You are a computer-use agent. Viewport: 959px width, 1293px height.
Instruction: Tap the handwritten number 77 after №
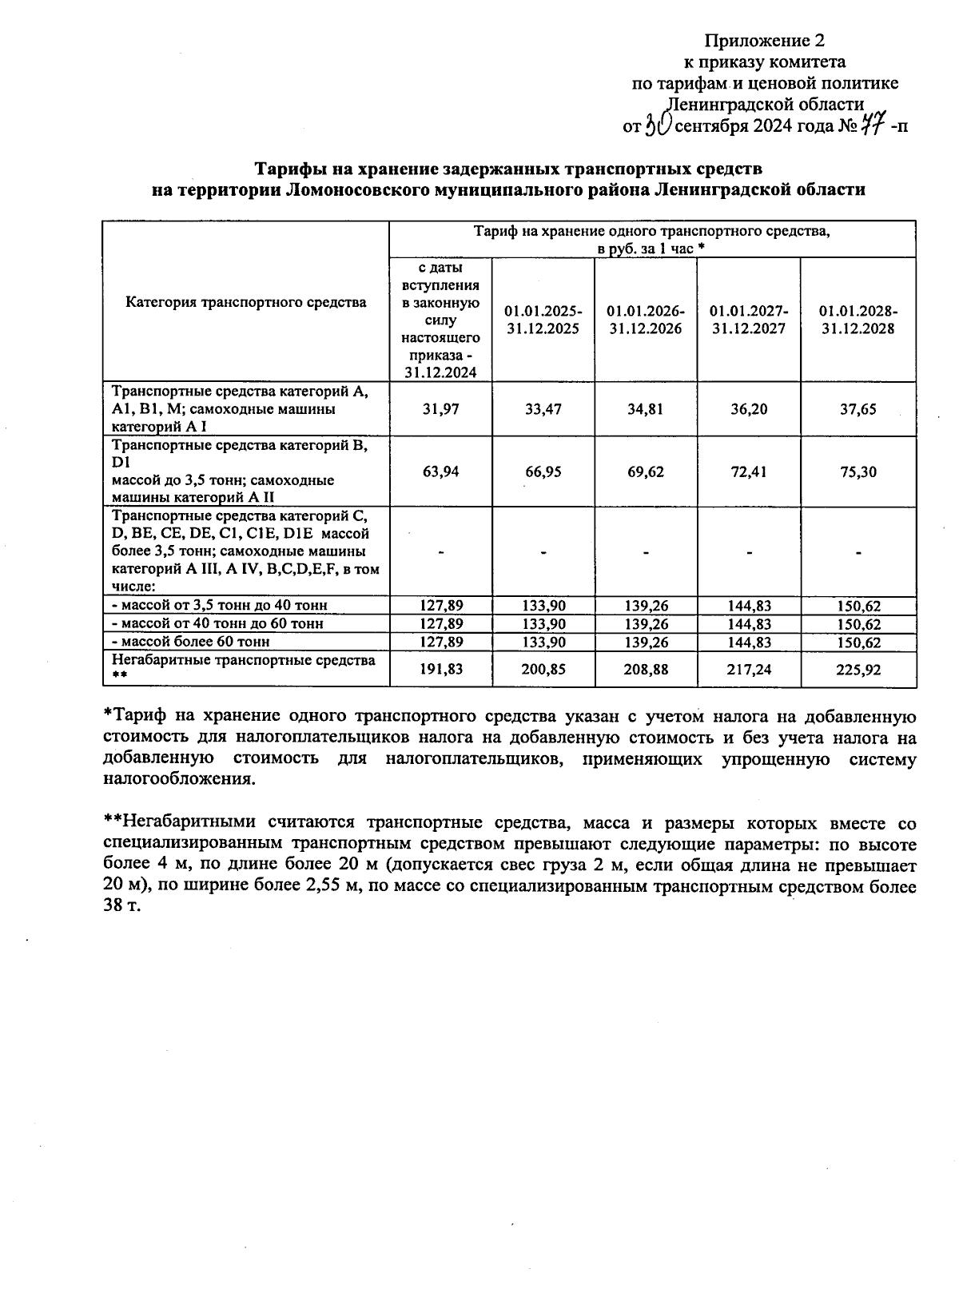click(x=873, y=125)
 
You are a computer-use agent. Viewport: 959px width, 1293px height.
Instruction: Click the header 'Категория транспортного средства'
click(x=246, y=302)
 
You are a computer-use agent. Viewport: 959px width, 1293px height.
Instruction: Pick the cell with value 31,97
click(x=440, y=409)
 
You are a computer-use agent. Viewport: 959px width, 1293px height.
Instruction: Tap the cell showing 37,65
click(x=858, y=409)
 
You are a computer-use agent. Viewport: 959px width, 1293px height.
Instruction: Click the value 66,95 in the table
click(x=543, y=471)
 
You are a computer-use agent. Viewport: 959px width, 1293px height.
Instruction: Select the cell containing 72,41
click(x=749, y=471)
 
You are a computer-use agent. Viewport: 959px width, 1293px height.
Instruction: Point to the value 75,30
click(x=858, y=471)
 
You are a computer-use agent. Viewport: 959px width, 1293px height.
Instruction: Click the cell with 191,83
click(x=440, y=670)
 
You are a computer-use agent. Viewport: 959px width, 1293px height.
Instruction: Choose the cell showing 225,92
click(x=858, y=670)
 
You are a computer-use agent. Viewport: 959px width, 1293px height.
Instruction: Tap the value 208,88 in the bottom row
click(x=647, y=670)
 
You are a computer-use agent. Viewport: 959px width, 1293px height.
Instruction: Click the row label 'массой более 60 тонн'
click(x=191, y=642)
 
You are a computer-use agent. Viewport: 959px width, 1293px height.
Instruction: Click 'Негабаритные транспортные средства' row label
click(x=243, y=660)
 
